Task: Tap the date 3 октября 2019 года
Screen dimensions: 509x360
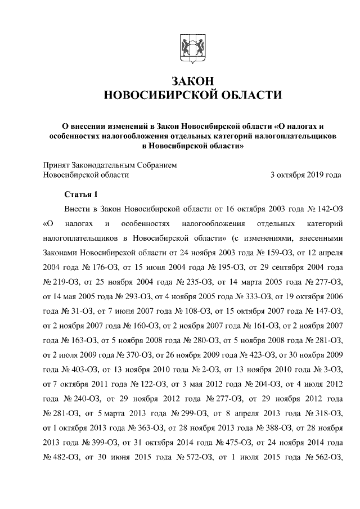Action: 305,175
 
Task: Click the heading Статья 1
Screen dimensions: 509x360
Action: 82,195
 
